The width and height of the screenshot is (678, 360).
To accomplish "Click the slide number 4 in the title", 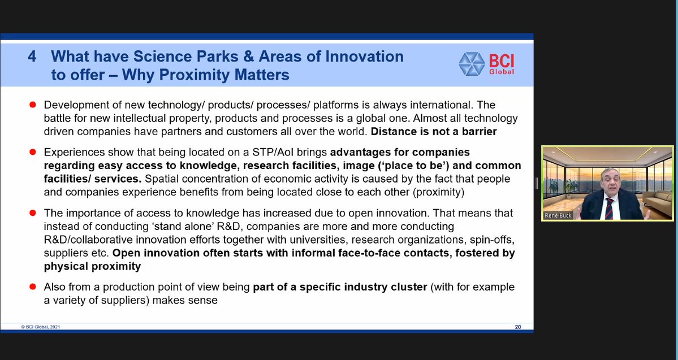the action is click(32, 57).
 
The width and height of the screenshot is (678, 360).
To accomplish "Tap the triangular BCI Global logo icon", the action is click(472, 64).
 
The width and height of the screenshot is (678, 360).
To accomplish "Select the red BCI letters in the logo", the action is click(502, 60).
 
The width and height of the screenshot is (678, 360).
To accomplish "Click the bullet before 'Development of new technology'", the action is click(32, 105).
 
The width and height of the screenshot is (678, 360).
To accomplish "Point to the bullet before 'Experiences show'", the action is click(32, 152).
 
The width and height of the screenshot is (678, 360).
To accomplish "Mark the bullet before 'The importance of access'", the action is click(32, 212).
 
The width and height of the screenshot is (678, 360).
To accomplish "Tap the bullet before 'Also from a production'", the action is click(32, 287).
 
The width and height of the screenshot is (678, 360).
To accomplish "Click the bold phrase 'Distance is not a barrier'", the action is click(434, 131).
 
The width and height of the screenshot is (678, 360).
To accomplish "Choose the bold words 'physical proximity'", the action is click(93, 266).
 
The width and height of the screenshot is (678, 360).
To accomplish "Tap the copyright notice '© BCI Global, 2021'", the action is click(41, 327).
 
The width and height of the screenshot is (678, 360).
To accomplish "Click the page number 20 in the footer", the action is click(518, 327).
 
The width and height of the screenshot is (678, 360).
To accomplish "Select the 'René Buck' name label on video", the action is click(558, 215).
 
